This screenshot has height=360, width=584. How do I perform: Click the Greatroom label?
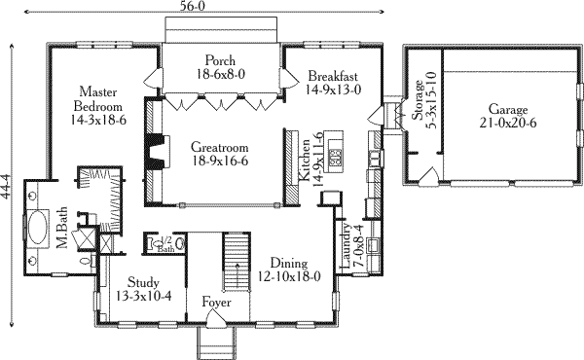219,148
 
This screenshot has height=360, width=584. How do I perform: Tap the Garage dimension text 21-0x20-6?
508,123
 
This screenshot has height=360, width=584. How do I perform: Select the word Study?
143,282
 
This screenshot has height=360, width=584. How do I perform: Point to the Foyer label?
216,303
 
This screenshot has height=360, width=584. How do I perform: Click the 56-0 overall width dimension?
194,5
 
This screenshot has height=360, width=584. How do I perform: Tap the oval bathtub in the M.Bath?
37,227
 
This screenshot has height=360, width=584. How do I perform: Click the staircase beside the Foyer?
237,262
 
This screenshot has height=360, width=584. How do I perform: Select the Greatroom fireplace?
157,152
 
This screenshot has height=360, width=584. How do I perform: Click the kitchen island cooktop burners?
336,157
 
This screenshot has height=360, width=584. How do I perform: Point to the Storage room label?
418,100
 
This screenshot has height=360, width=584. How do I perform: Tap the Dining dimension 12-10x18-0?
289,277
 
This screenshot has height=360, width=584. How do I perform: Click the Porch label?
220,60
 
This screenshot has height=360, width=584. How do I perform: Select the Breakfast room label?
333,76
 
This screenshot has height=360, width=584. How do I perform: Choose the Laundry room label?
347,246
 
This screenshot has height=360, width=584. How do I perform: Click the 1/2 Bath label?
165,245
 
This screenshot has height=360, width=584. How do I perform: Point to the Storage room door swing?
428,176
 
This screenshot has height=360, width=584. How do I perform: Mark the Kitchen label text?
305,161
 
